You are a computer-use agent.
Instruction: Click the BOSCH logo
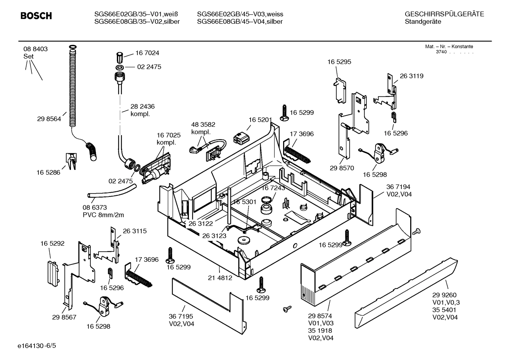point(36,16)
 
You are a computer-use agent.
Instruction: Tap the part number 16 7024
point(147,53)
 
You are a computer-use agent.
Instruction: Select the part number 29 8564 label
point(49,119)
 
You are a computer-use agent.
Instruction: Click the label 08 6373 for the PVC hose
point(95,207)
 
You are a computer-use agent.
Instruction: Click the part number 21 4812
point(220,278)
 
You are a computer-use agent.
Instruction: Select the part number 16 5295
point(339,62)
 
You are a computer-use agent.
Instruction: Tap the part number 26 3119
point(411,76)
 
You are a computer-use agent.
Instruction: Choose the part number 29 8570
point(342,168)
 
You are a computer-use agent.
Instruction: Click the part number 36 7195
point(181,317)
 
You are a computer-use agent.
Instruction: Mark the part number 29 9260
point(444,295)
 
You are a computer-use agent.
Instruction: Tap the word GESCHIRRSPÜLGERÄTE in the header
point(444,14)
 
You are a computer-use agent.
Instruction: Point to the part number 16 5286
point(48,172)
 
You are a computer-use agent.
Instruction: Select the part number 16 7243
point(273,188)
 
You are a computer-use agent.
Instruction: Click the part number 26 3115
point(134,231)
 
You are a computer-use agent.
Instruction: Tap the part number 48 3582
point(203,125)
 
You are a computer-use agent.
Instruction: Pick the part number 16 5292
point(52,243)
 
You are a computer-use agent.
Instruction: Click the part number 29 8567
point(64,317)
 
